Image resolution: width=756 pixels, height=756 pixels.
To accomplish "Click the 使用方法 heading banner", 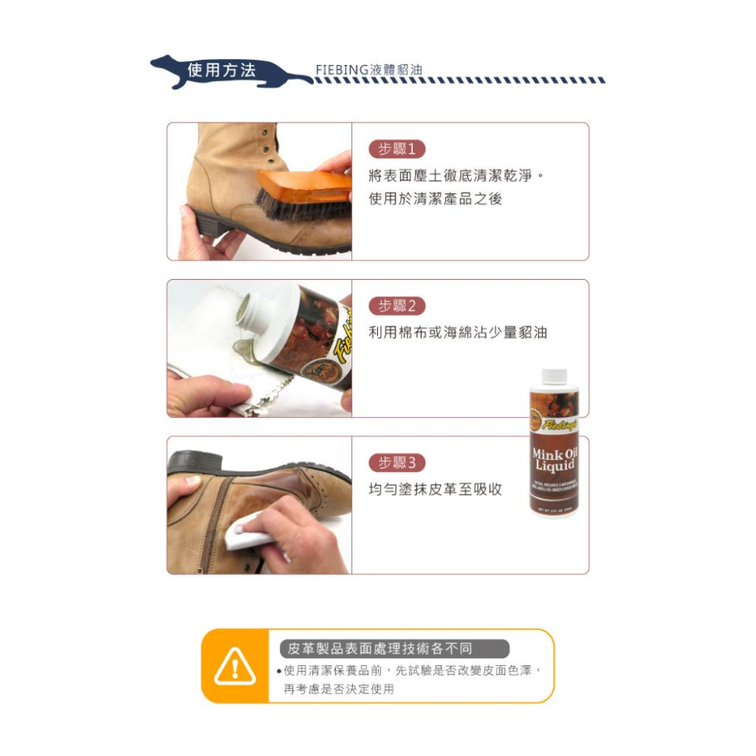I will [222, 71].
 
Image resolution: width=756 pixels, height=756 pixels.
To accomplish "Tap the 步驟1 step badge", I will [397, 149].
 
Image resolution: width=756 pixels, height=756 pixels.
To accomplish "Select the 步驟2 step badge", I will [397, 305].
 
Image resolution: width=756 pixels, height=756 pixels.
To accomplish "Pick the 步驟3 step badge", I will [397, 463].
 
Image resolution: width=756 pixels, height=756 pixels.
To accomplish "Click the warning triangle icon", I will [235, 666].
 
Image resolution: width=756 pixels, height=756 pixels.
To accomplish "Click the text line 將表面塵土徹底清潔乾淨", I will [456, 176].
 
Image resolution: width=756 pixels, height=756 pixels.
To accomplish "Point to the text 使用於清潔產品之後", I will [435, 200].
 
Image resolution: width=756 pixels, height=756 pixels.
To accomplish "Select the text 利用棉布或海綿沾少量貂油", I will [457, 333].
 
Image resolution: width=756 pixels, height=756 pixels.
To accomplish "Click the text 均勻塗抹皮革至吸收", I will [435, 489].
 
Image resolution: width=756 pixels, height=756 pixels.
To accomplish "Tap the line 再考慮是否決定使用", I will [339, 689].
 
